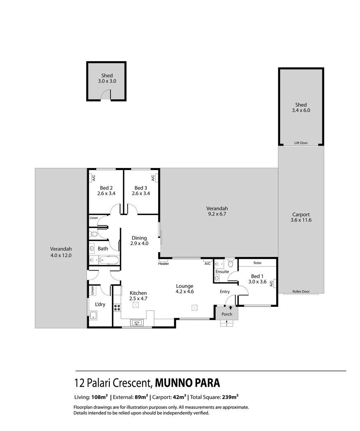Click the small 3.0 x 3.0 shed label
(107, 78)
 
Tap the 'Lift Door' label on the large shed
(301, 142)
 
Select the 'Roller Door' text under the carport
(301, 291)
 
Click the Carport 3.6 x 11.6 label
(301, 217)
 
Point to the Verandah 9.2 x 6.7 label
(217, 211)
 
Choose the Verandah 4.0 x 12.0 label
(61, 252)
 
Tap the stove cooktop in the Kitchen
(117, 307)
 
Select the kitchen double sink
(137, 322)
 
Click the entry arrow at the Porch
(230, 307)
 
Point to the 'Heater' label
(163, 264)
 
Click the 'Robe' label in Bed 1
(257, 263)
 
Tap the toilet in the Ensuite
(230, 264)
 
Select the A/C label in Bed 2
(93, 178)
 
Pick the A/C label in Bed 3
(152, 178)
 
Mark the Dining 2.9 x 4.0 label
(139, 240)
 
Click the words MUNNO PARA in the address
(187, 383)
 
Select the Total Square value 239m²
(230, 397)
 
